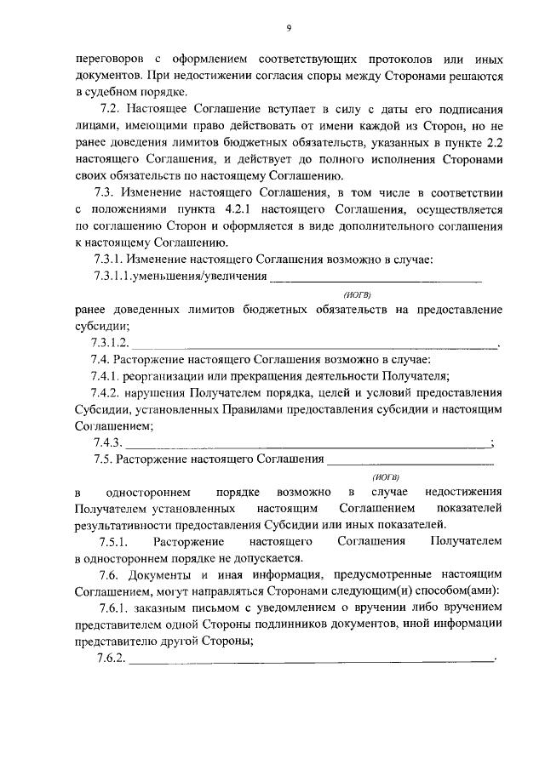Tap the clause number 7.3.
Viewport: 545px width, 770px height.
pos(107,193)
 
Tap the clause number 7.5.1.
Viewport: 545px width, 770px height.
pos(114,542)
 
